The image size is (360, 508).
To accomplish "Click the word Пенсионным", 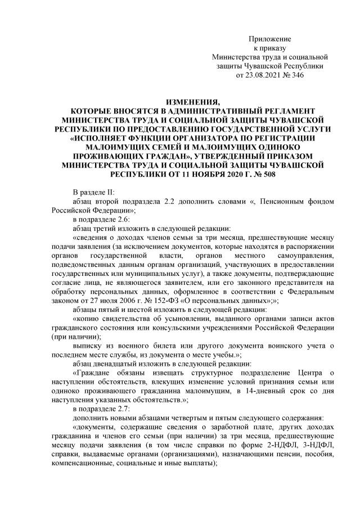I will [x=269, y=201].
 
